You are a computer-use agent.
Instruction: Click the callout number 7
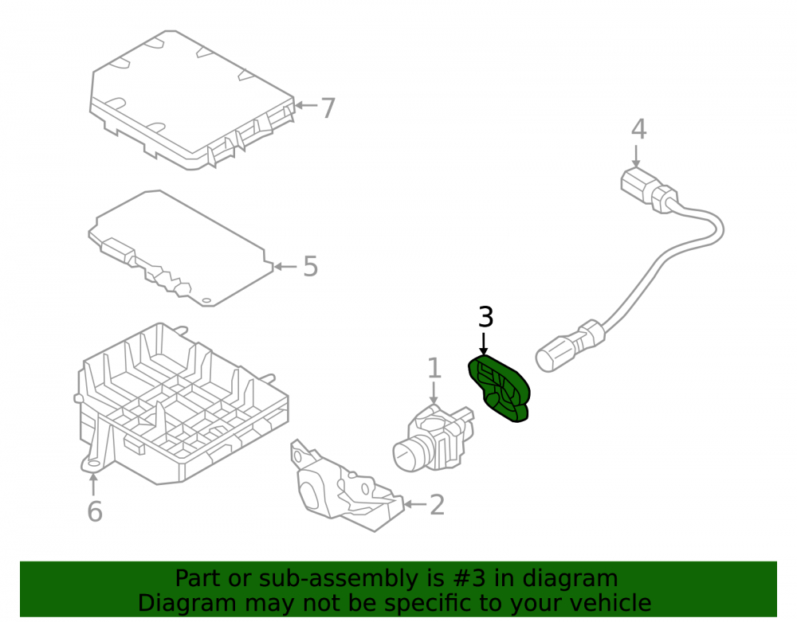coord(328,108)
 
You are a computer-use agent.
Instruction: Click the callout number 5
coord(311,266)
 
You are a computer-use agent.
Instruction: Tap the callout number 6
coord(95,511)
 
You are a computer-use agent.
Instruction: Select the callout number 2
coord(437,505)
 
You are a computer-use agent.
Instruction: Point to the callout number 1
coord(434,368)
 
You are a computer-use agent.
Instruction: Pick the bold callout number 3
coord(486,317)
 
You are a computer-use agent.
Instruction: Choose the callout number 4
coord(639,129)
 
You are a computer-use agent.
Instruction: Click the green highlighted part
coord(499,389)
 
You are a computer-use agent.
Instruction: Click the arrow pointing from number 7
coord(306,106)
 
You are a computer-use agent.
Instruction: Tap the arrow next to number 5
coord(285,267)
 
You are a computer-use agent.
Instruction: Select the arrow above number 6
coord(93,483)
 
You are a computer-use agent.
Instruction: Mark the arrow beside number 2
coord(414,504)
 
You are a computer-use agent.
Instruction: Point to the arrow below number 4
coord(636,156)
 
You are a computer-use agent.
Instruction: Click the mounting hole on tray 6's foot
coord(93,464)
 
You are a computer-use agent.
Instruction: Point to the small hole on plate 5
coord(207,301)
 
